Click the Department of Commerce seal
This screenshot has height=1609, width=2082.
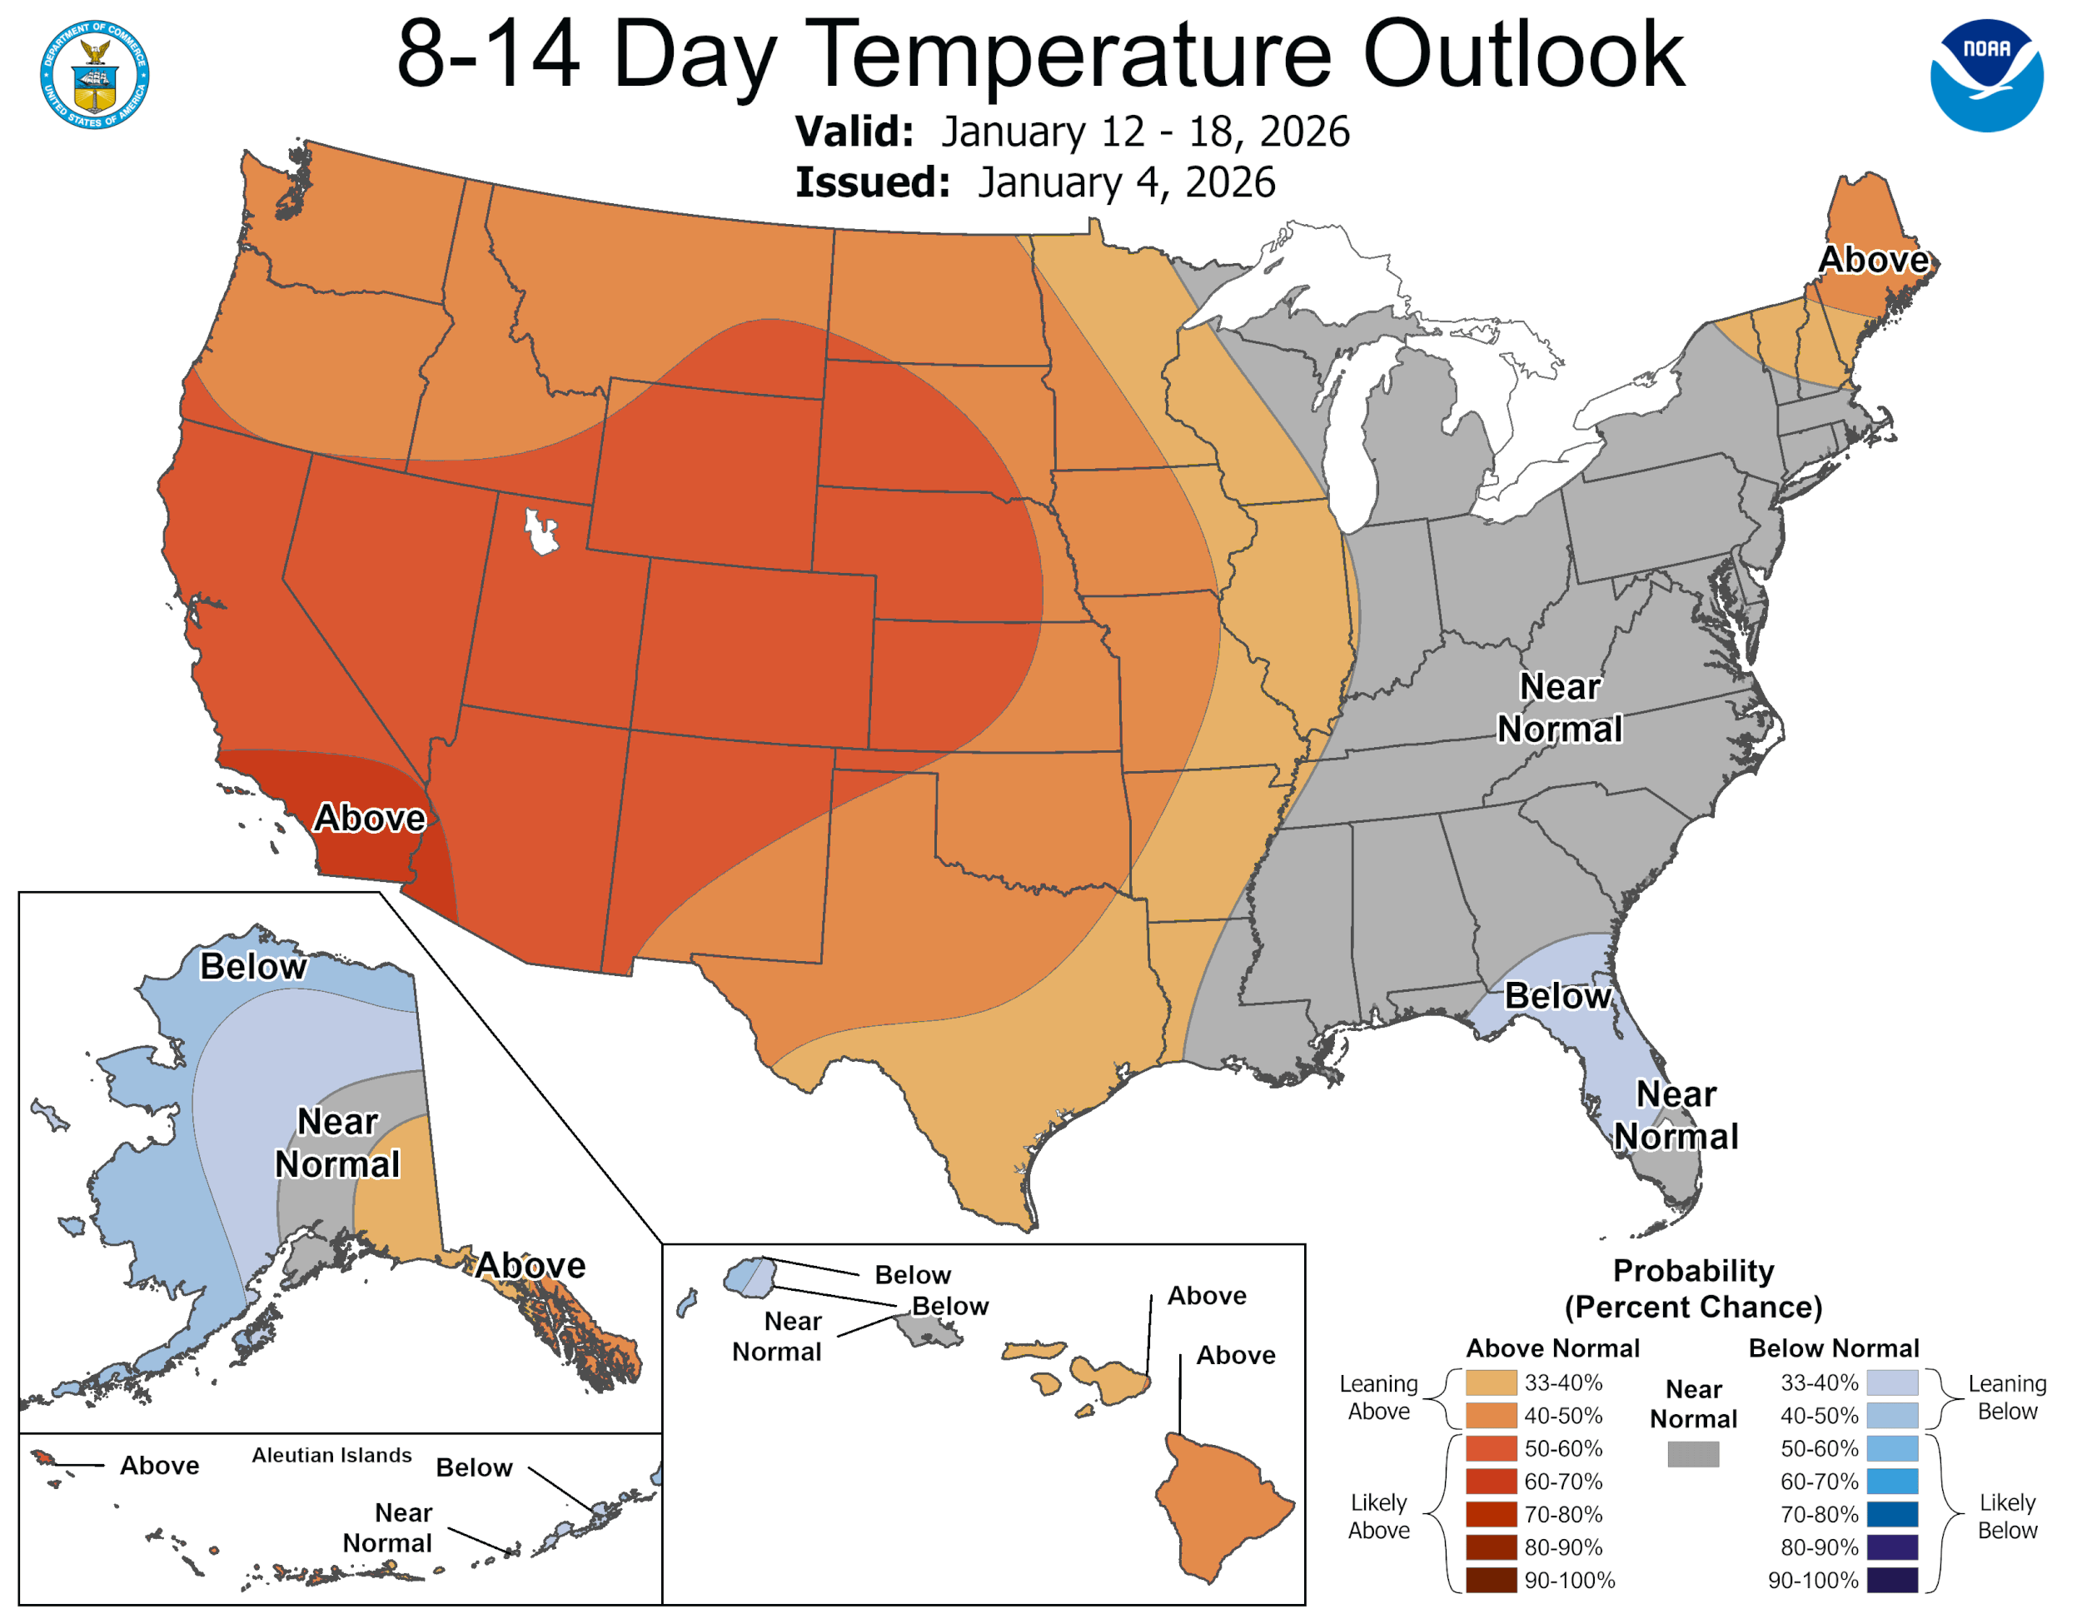tap(94, 74)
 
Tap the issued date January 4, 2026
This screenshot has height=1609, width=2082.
tap(1126, 182)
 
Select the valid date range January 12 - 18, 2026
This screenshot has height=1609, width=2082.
tap(1145, 132)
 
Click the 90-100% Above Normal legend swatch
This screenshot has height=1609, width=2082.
tap(1491, 1581)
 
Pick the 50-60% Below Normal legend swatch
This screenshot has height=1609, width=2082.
tap(1891, 1449)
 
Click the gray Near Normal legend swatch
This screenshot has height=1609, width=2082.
tap(1693, 1453)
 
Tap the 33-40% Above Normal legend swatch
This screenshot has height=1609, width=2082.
tap(1491, 1383)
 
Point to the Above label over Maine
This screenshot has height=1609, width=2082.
tap(1873, 259)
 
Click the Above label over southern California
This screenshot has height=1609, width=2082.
tap(370, 818)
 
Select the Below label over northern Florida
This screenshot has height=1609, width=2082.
tap(1557, 996)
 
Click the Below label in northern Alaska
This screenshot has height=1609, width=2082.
tap(253, 967)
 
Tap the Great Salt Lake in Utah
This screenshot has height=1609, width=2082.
tap(540, 531)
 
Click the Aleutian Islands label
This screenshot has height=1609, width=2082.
tap(331, 1456)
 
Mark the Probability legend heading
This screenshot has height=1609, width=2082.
tap(1693, 1271)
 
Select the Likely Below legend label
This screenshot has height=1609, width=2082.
tap(2007, 1517)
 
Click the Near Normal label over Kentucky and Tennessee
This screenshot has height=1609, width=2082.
tap(1560, 707)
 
